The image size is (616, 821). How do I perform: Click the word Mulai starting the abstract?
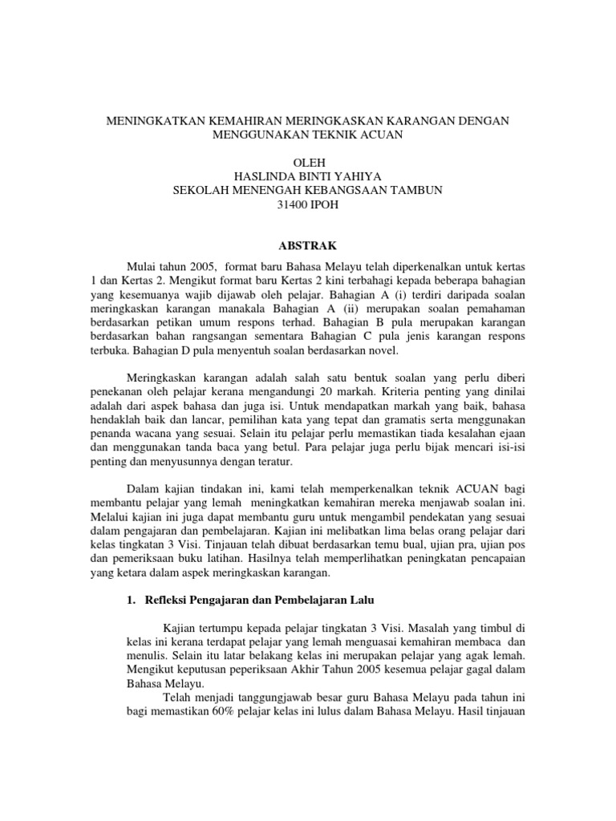(144, 265)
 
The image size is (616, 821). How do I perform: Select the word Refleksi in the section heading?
(169, 600)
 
